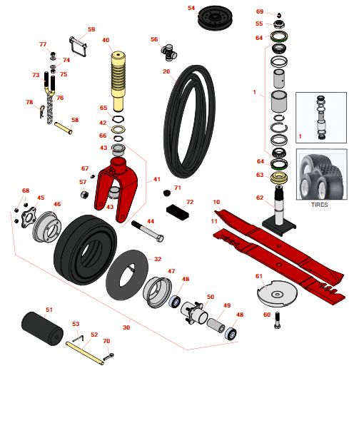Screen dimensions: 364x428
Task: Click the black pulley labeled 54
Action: point(215,18)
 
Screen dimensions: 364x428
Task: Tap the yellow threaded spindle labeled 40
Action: point(118,81)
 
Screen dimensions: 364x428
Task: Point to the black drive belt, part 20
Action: point(189,121)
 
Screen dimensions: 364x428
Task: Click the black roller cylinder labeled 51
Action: point(42,328)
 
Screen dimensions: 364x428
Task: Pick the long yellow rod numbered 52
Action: point(85,353)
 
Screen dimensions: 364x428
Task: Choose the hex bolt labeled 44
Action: point(148,231)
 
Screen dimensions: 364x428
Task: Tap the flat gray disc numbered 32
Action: point(127,275)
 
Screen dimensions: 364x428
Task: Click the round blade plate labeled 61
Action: point(277,294)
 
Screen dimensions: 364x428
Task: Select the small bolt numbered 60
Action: point(277,320)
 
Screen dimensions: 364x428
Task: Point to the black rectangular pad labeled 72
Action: point(178,212)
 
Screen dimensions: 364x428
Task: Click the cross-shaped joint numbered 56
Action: point(169,52)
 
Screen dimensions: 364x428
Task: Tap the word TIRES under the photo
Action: point(319,205)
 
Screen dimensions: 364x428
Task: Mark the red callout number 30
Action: point(126,327)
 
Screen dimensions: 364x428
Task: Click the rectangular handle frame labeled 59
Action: point(78,46)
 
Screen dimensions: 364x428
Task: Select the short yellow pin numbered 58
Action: point(64,128)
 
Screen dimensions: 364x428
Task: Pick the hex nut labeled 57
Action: point(84,195)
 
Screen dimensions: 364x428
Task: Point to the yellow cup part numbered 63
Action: point(279,178)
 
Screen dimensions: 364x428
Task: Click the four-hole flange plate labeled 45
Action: point(29,218)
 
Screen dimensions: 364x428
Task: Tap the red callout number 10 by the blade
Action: point(216,202)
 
